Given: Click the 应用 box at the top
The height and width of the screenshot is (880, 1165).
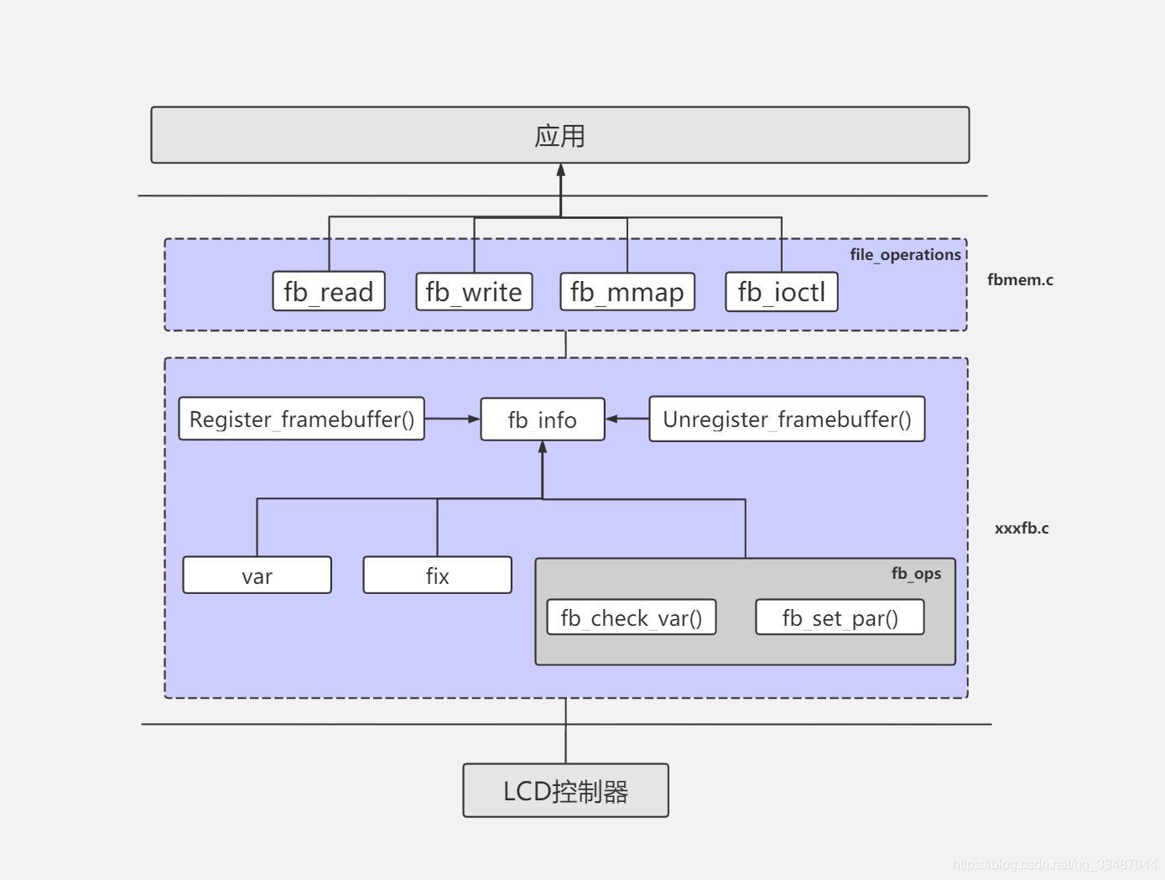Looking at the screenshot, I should coord(559,135).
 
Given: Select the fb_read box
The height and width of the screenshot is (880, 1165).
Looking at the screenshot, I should coord(329,292).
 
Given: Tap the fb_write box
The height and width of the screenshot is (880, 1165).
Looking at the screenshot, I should coord(474,292).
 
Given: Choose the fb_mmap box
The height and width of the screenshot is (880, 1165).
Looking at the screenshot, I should coord(627,292).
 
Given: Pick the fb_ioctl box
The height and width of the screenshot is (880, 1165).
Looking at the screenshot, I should coord(782,292).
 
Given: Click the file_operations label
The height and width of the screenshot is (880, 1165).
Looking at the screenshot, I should coord(905,254).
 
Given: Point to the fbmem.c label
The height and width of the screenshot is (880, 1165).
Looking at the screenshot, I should coord(1020,280).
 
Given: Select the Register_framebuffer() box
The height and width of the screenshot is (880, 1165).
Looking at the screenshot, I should coord(302,419).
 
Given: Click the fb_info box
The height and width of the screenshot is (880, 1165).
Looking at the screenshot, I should coord(543,419).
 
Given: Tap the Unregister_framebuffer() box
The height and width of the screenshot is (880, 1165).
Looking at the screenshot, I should coord(787,419).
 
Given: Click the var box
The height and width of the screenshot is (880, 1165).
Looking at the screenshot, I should coord(257,575).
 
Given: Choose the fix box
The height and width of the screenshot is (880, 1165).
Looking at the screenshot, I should coord(437,575).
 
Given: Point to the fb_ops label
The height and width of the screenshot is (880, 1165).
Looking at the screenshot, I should coord(916,574).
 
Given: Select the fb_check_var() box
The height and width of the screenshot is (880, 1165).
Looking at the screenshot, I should coord(632,617).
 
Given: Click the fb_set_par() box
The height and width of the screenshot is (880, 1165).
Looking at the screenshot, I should coord(840,617).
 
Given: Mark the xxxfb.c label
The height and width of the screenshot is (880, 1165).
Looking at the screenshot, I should coord(1022,529).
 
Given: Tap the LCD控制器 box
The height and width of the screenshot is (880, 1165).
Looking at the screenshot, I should coord(565,790).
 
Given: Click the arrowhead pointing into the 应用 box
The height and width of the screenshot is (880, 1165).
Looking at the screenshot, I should coord(561,170).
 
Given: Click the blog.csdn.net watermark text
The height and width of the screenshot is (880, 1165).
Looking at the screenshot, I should coord(1055,864).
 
